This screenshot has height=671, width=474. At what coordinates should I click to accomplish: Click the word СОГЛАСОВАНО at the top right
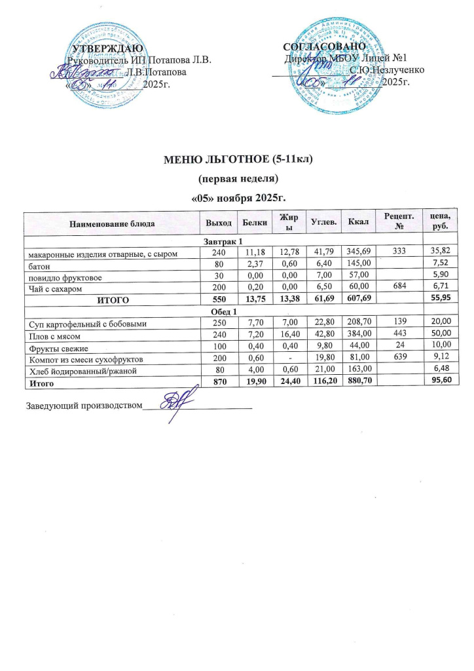click(x=324, y=48)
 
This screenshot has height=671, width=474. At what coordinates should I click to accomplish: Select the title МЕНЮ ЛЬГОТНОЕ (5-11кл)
click(x=238, y=161)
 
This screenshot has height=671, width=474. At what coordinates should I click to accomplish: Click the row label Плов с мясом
click(x=52, y=334)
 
